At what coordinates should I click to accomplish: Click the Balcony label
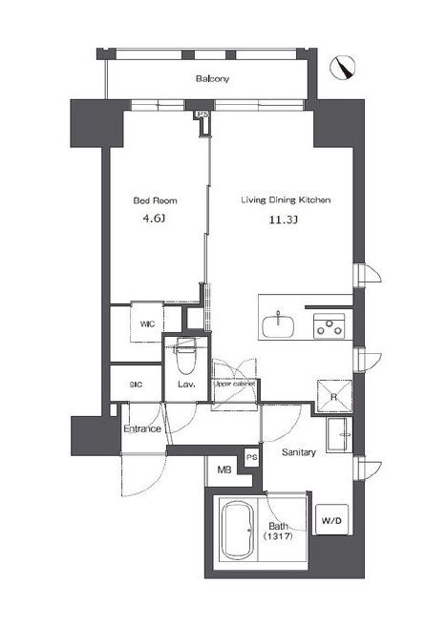[212, 78]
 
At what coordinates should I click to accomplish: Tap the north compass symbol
[343, 67]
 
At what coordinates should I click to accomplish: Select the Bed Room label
[155, 200]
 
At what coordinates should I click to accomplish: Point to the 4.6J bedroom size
[154, 219]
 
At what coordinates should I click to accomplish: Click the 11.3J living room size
[284, 219]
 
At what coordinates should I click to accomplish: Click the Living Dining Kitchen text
[286, 199]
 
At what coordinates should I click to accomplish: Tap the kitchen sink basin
[278, 324]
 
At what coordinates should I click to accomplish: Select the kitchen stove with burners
[329, 326]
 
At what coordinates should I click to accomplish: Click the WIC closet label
[147, 324]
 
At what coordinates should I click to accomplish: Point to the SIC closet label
[136, 385]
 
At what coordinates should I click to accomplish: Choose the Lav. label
[186, 385]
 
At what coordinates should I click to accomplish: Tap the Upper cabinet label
[235, 384]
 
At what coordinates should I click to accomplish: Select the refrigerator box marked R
[334, 396]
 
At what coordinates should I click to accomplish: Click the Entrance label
[142, 429]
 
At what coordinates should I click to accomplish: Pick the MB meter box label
[224, 469]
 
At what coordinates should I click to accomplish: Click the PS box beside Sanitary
[251, 457]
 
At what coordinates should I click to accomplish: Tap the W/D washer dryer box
[331, 520]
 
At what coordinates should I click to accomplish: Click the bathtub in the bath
[238, 531]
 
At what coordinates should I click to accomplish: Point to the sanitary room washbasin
[339, 435]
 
